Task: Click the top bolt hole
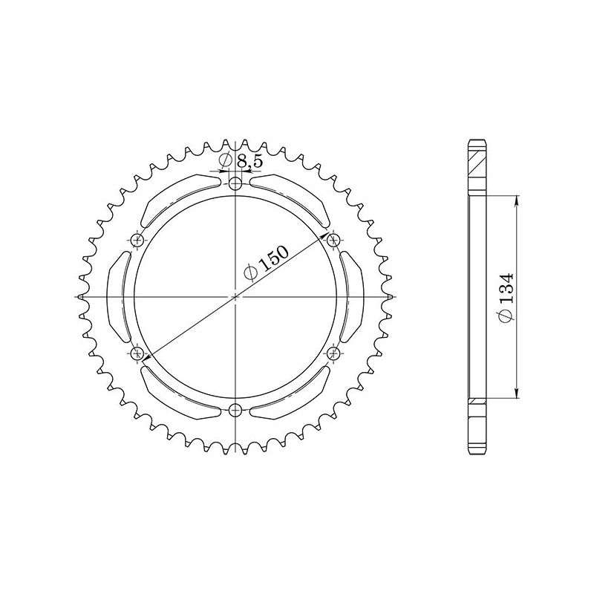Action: [235, 184]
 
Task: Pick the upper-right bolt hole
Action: [333, 240]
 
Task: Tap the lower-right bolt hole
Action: [333, 352]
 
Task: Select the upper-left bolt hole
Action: [137, 240]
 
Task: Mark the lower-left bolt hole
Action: [137, 352]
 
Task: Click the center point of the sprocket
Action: [235, 296]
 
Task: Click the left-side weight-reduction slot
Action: [118, 296]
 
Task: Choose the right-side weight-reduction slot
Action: [353, 296]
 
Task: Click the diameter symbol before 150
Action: [250, 273]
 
